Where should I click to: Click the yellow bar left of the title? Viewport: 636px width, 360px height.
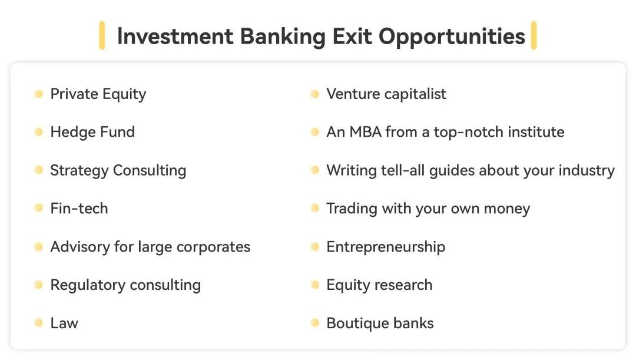pyautogui.click(x=102, y=35)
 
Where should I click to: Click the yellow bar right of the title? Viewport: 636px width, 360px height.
pyautogui.click(x=534, y=35)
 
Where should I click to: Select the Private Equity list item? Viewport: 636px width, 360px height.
pyautogui.click(x=98, y=94)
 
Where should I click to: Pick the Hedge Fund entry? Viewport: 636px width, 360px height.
pyautogui.click(x=92, y=132)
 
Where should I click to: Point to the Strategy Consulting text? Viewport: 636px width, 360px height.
pyautogui.click(x=118, y=170)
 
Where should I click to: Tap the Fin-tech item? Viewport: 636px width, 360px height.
pyautogui.click(x=79, y=208)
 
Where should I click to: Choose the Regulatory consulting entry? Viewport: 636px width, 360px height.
pyautogui.click(x=125, y=285)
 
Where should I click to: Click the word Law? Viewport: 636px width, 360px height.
pyautogui.click(x=64, y=323)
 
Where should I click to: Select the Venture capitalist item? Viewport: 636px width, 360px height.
pyautogui.click(x=386, y=94)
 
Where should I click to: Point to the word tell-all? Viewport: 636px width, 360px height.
pyautogui.click(x=403, y=170)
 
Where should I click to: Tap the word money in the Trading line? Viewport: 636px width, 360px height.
pyautogui.click(x=507, y=209)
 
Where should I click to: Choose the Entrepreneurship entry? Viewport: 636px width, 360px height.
pyautogui.click(x=386, y=247)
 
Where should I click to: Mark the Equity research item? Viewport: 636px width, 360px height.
pyautogui.click(x=379, y=285)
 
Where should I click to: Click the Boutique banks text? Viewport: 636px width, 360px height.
pyautogui.click(x=380, y=323)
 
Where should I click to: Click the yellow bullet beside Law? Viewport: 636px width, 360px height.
pyautogui.click(x=38, y=323)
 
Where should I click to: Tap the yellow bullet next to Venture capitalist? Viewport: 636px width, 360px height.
pyautogui.click(x=314, y=94)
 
